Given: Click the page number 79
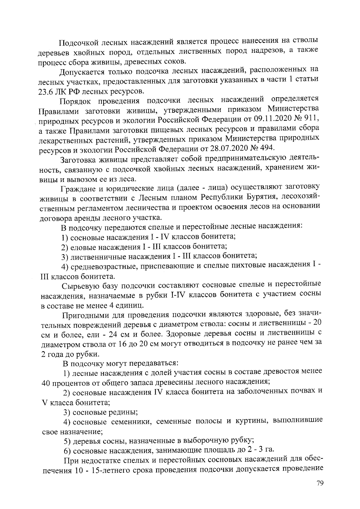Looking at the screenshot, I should point(319,484).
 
